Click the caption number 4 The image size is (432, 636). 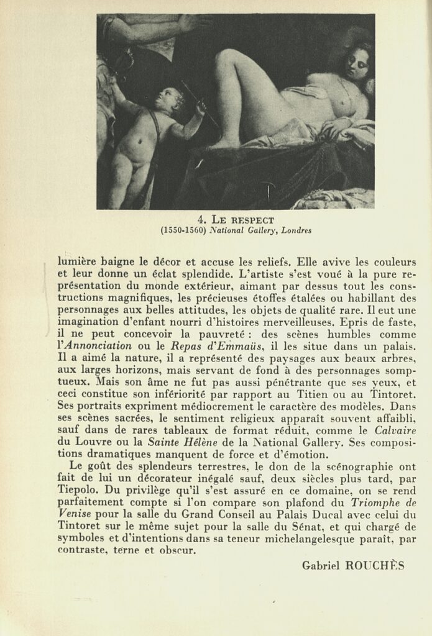pos(201,219)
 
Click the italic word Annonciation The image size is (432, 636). pos(99,345)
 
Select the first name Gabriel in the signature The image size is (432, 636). pos(321,566)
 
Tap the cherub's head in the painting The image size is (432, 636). pos(168,99)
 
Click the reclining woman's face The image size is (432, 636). pos(356,65)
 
